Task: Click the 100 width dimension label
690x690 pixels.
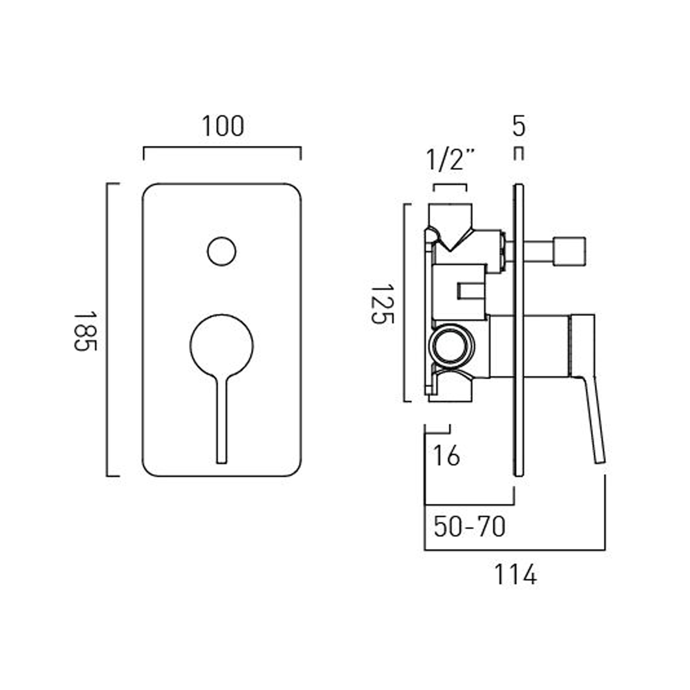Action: coord(223,126)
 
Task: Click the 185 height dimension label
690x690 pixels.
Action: coord(85,331)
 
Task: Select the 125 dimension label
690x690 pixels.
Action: coord(382,304)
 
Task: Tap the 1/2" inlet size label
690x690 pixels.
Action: coord(449,160)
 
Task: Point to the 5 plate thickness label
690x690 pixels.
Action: coord(518,126)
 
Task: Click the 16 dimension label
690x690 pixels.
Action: coord(446,456)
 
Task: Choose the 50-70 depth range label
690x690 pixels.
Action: coord(469,527)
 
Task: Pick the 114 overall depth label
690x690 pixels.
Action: coord(515,575)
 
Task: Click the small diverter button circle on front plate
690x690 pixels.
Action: coord(222,252)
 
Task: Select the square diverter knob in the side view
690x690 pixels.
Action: coord(569,252)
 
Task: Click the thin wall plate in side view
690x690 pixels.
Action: coord(518,331)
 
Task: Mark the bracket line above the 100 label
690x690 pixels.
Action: coord(222,148)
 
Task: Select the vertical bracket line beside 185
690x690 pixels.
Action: coord(107,329)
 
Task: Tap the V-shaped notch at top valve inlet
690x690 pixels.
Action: coord(451,239)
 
